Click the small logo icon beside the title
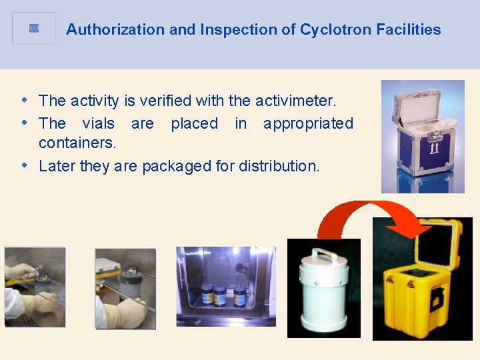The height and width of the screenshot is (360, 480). coord(34,28)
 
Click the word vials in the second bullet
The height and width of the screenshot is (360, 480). coord(98,123)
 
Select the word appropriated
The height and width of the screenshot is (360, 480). coord(308,123)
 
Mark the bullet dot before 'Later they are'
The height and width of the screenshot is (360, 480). coord(24,165)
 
